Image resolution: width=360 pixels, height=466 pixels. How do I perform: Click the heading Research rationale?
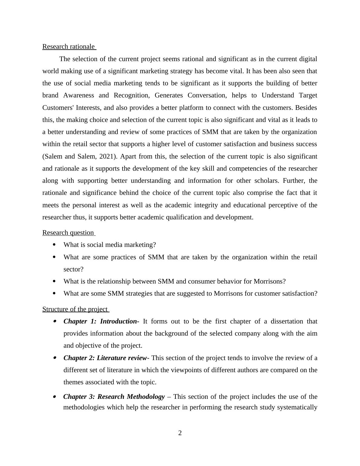pyautogui.click(x=68, y=47)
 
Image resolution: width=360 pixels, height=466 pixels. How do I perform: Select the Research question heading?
pyautogui.click(x=68, y=233)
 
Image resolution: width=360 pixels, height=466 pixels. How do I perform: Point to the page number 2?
pyautogui.click(x=180, y=433)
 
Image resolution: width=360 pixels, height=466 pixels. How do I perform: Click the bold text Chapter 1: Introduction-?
pyautogui.click(x=101, y=321)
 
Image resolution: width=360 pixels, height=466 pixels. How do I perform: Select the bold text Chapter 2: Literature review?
pyautogui.click(x=105, y=358)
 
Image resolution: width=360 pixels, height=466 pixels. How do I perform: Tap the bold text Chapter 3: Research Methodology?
pyautogui.click(x=114, y=397)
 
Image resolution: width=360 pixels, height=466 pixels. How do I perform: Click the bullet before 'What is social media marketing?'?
pyautogui.click(x=54, y=244)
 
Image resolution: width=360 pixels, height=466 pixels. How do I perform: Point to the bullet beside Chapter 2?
pyautogui.click(x=55, y=358)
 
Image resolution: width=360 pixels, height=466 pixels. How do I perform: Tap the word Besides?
pyautogui.click(x=306, y=108)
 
